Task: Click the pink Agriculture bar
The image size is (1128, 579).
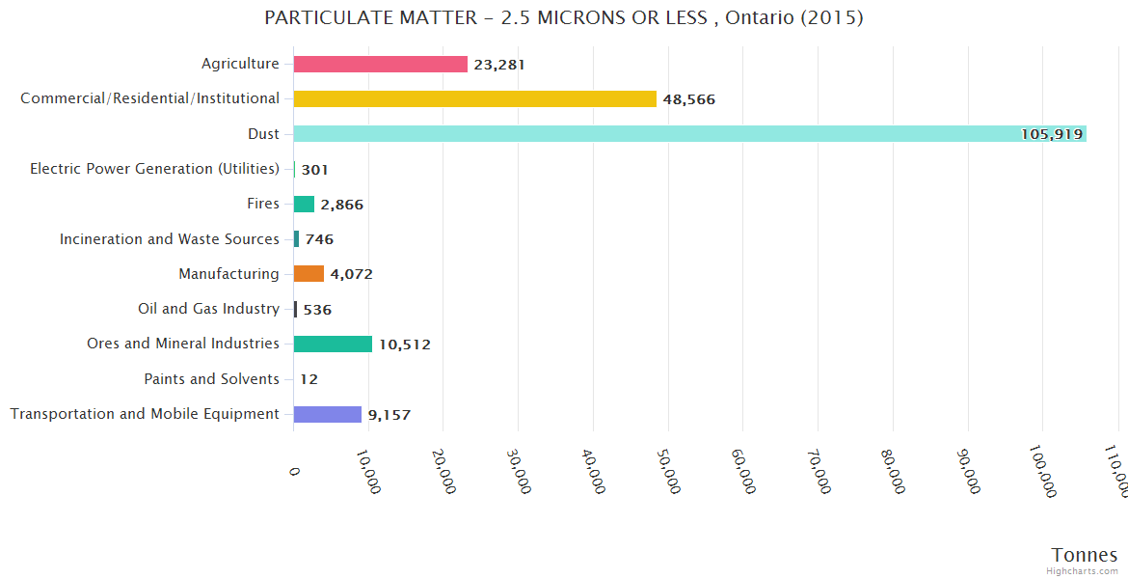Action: point(380,64)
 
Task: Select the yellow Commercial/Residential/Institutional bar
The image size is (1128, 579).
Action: point(474,98)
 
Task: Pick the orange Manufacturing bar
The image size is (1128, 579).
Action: point(309,274)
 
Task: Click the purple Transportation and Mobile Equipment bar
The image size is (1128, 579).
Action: point(327,414)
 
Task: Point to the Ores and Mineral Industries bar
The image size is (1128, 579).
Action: point(333,344)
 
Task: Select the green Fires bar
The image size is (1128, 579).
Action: point(304,204)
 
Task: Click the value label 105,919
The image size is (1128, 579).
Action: point(1052,134)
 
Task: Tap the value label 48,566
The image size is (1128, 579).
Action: point(688,99)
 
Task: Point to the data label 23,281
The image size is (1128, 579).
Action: point(499,65)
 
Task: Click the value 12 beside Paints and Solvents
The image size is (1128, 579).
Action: point(309,379)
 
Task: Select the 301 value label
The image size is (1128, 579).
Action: point(314,170)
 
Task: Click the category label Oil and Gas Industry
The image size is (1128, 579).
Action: point(209,309)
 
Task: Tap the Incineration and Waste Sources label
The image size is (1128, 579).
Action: point(170,238)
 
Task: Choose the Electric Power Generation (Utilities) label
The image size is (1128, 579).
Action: point(154,169)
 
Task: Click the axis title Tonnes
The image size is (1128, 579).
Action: point(1085,554)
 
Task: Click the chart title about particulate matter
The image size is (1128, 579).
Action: point(564,17)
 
